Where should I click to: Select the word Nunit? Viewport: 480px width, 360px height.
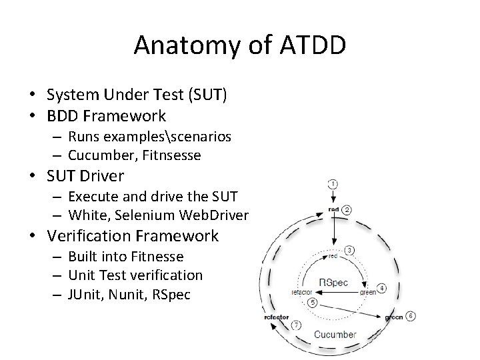point(130,294)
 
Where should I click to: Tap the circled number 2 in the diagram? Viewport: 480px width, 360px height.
point(347,209)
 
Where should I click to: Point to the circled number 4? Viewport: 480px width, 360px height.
point(381,288)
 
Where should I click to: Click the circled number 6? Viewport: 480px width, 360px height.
point(411,315)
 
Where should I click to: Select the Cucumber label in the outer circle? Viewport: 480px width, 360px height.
point(335,334)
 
